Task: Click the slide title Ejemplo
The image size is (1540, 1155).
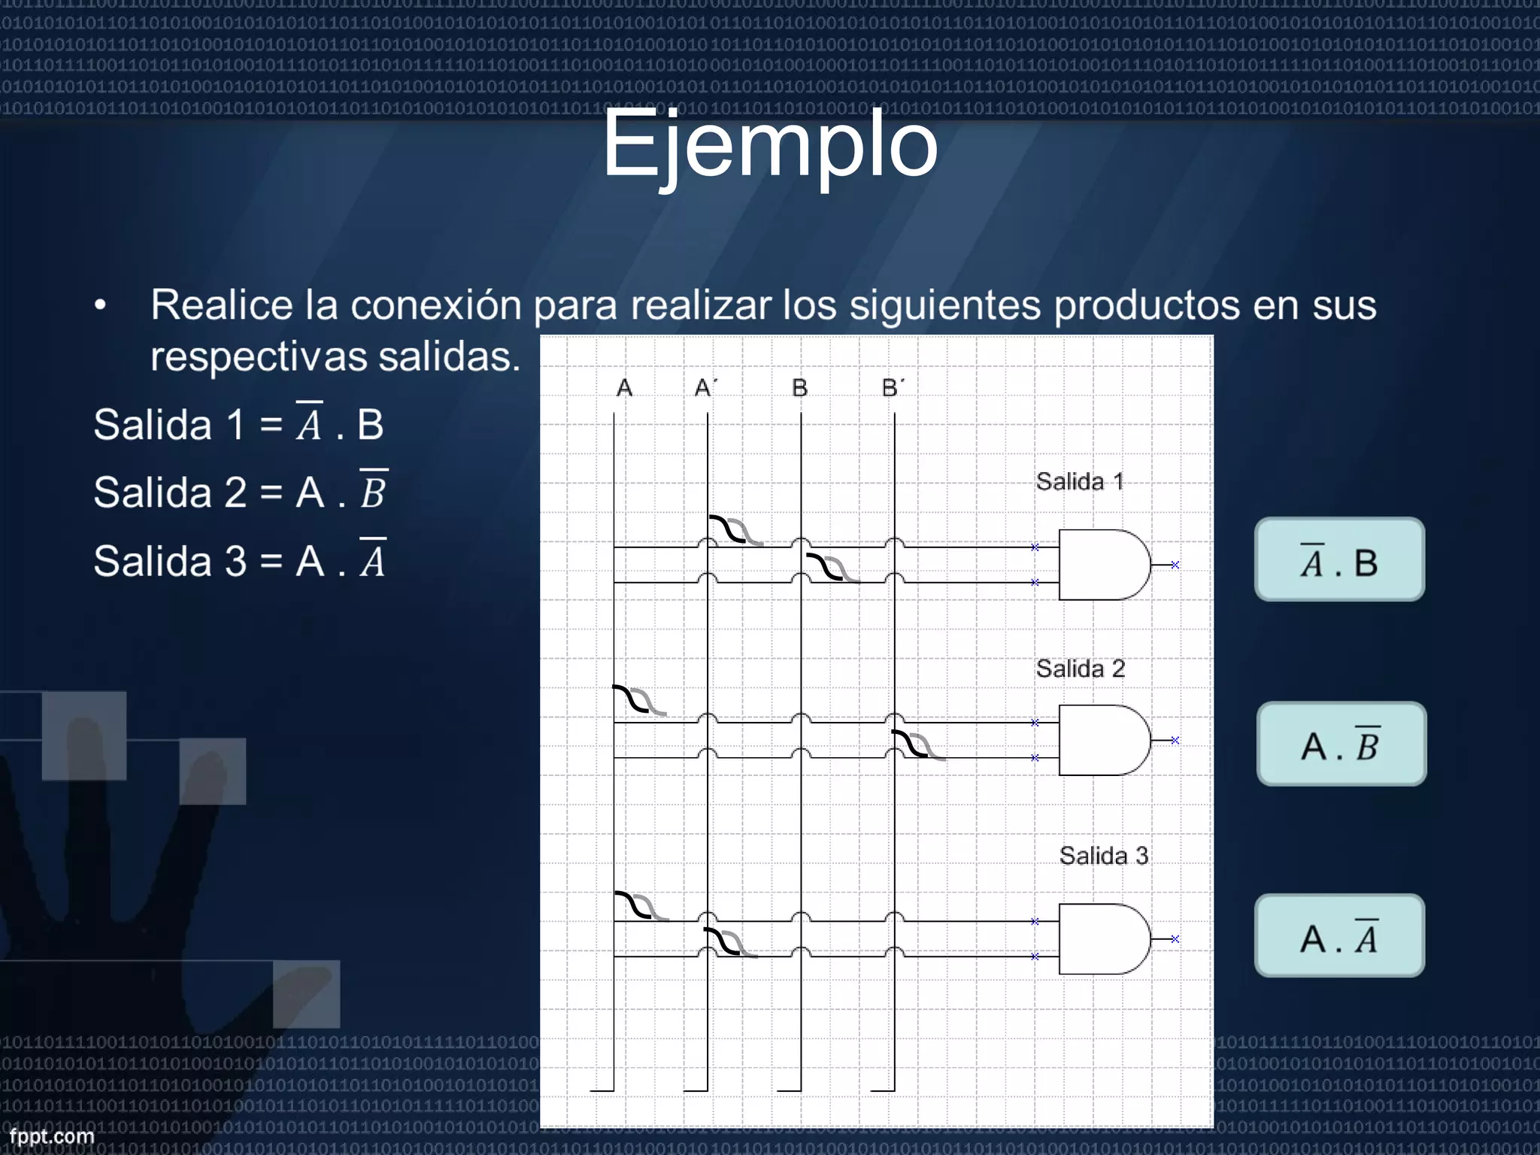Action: [x=770, y=144]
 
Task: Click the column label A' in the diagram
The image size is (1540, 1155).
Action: [x=705, y=388]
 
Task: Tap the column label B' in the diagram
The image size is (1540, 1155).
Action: [x=893, y=388]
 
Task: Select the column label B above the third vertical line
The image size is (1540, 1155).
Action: [x=799, y=388]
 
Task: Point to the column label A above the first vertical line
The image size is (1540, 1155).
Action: [x=624, y=388]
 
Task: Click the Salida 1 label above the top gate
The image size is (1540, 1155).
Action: [x=1080, y=481]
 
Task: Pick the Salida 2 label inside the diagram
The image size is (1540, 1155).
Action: [x=1080, y=668]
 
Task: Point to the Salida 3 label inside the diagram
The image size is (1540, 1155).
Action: [x=1103, y=856]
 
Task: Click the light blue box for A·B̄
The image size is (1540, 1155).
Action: [x=1341, y=744]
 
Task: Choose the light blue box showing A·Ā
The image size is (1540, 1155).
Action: [x=1340, y=936]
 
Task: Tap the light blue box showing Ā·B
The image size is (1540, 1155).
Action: [x=1340, y=560]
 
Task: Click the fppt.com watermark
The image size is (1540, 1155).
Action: [x=52, y=1136]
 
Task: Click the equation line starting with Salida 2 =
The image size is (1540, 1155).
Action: [x=240, y=492]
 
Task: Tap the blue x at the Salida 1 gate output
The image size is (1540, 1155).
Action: [x=1175, y=565]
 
